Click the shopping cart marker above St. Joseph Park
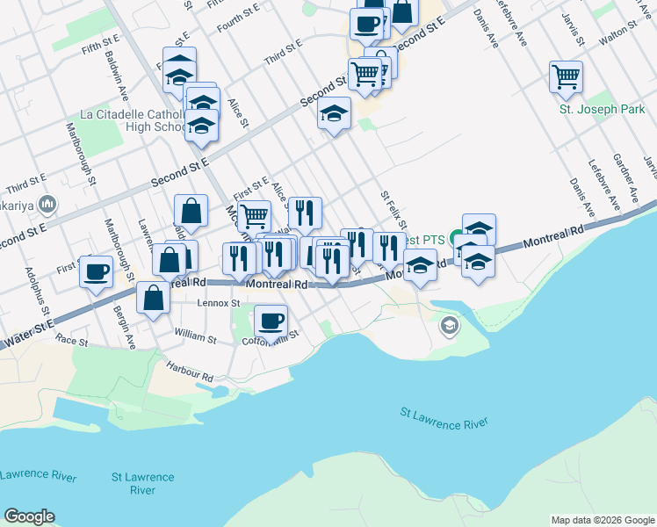[567, 76]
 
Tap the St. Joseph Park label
[602, 111]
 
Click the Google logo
[29, 516]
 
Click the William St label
[195, 336]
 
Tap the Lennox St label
[219, 303]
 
